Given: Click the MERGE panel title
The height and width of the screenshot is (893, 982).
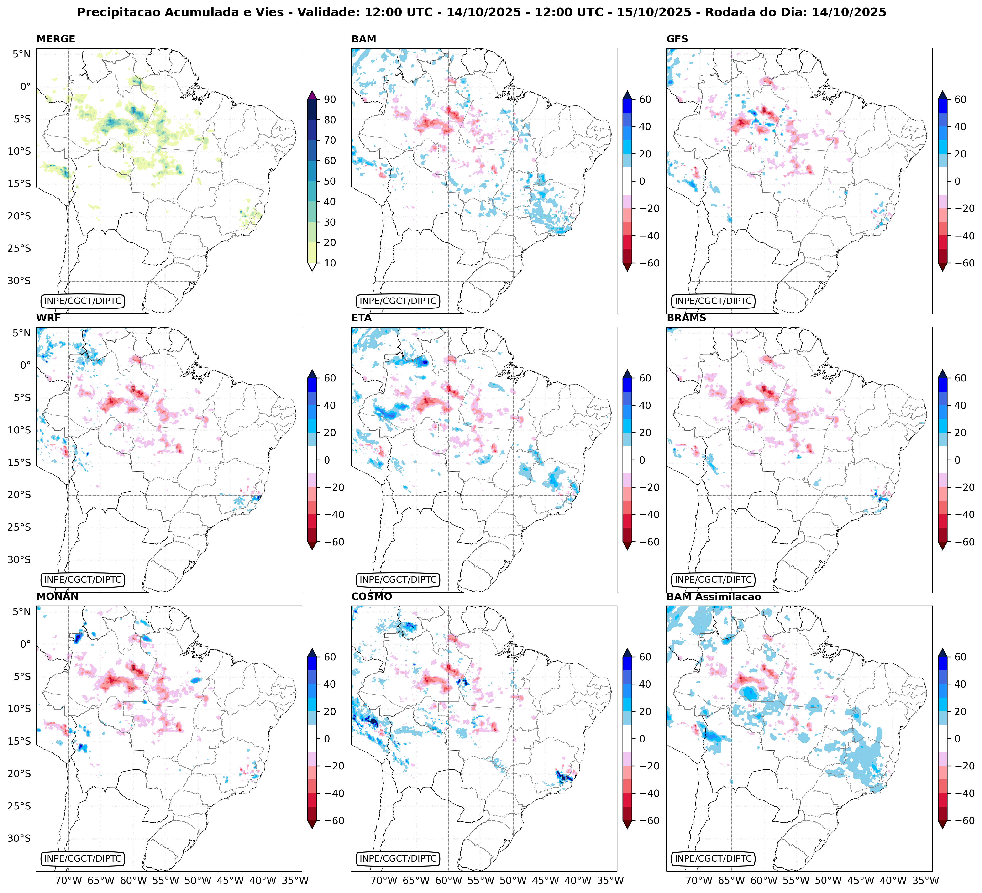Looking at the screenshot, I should (56, 39).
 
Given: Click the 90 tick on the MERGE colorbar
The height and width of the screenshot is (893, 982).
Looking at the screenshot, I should (330, 99).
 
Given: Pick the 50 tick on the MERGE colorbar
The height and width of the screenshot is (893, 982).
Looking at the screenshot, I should (330, 181).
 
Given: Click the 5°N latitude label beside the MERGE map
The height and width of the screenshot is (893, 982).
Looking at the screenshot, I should (21, 54).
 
